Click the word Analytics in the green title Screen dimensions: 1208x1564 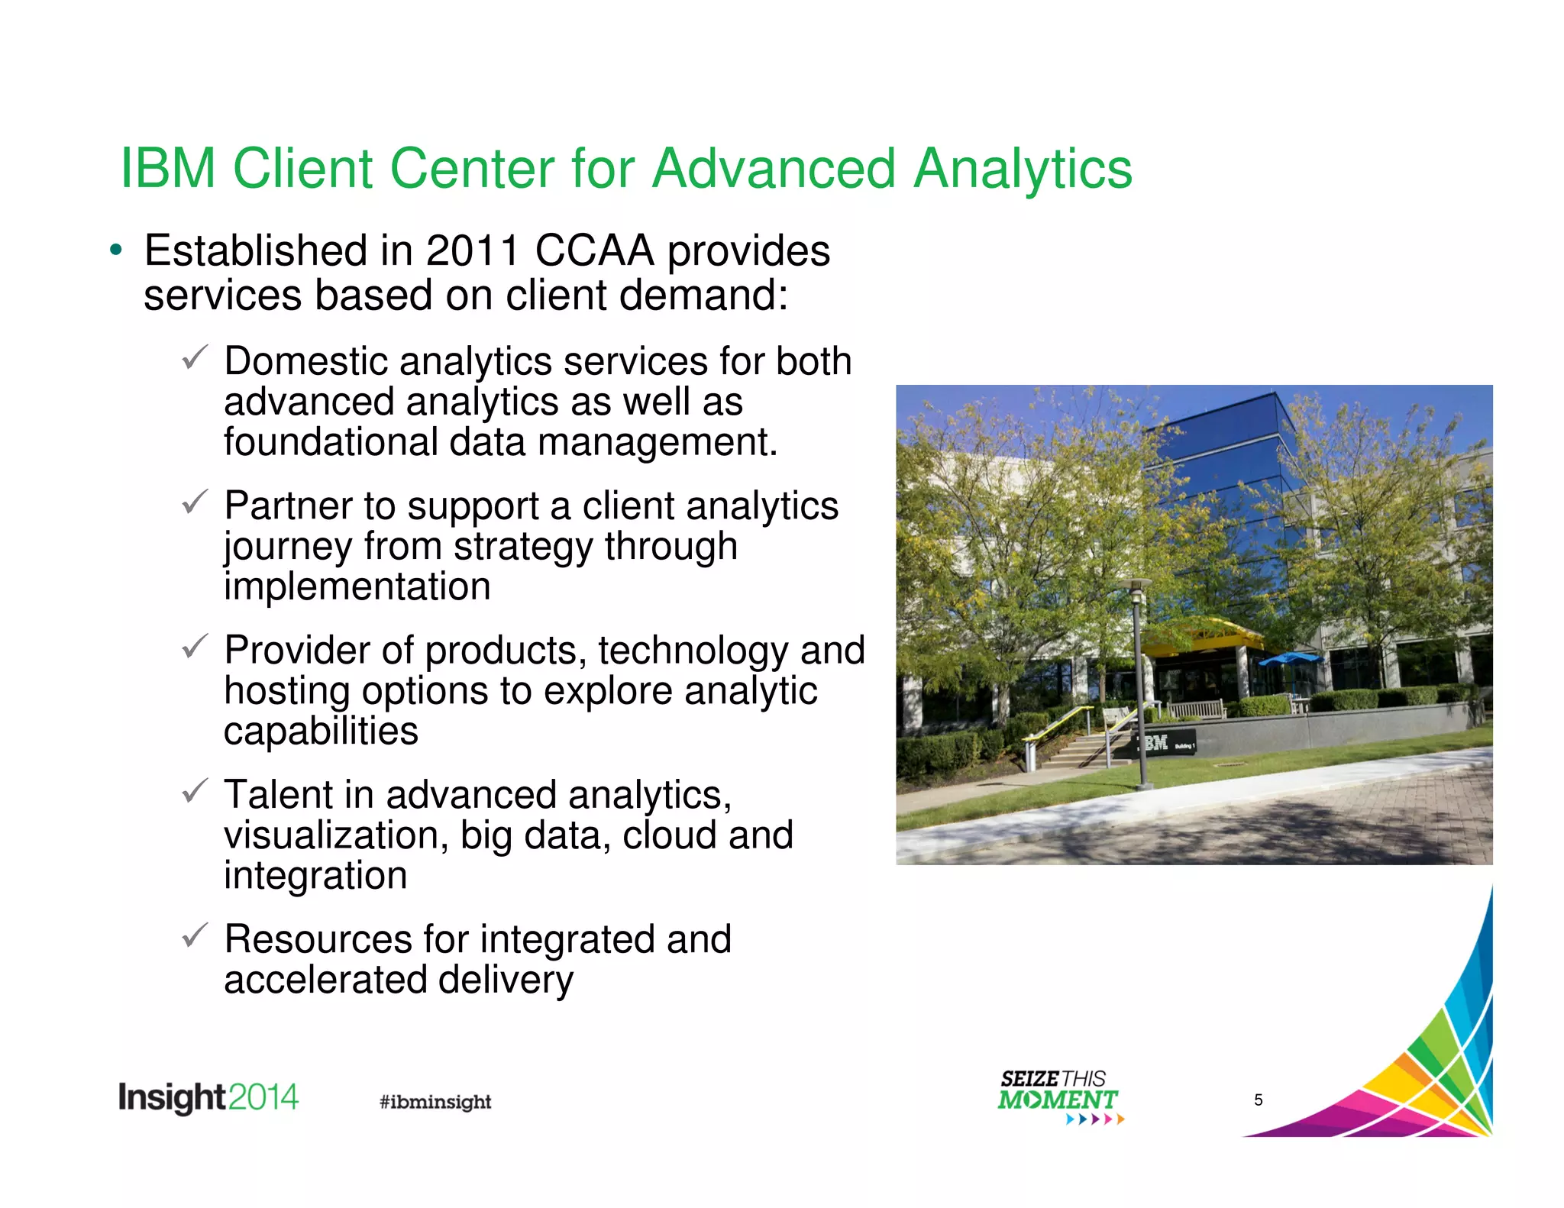pyautogui.click(x=1023, y=169)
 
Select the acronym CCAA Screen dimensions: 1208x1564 pyautogui.click(x=594, y=251)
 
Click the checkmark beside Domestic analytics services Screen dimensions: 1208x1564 pyautogui.click(x=195, y=357)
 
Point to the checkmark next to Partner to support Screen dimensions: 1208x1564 pyautogui.click(x=195, y=501)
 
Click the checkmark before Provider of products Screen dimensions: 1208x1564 pyautogui.click(x=195, y=646)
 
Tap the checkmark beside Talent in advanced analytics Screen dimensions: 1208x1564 pyautogui.click(x=195, y=790)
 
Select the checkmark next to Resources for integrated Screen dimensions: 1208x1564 pyautogui.click(x=195, y=935)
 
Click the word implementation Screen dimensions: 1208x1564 pyautogui.click(x=357, y=586)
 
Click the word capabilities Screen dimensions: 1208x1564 pyautogui.click(x=321, y=731)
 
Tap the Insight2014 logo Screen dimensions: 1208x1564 pyautogui.click(x=208, y=1098)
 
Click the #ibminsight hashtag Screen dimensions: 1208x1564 pyautogui.click(x=435, y=1102)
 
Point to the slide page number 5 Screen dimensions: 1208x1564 pyautogui.click(x=1259, y=1100)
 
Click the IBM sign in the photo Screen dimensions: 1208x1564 pyautogui.click(x=1156, y=742)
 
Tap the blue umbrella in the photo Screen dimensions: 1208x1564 pyautogui.click(x=1290, y=657)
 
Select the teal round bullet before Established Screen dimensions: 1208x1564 pyautogui.click(x=115, y=250)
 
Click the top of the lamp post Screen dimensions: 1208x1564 pyautogui.click(x=1136, y=585)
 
